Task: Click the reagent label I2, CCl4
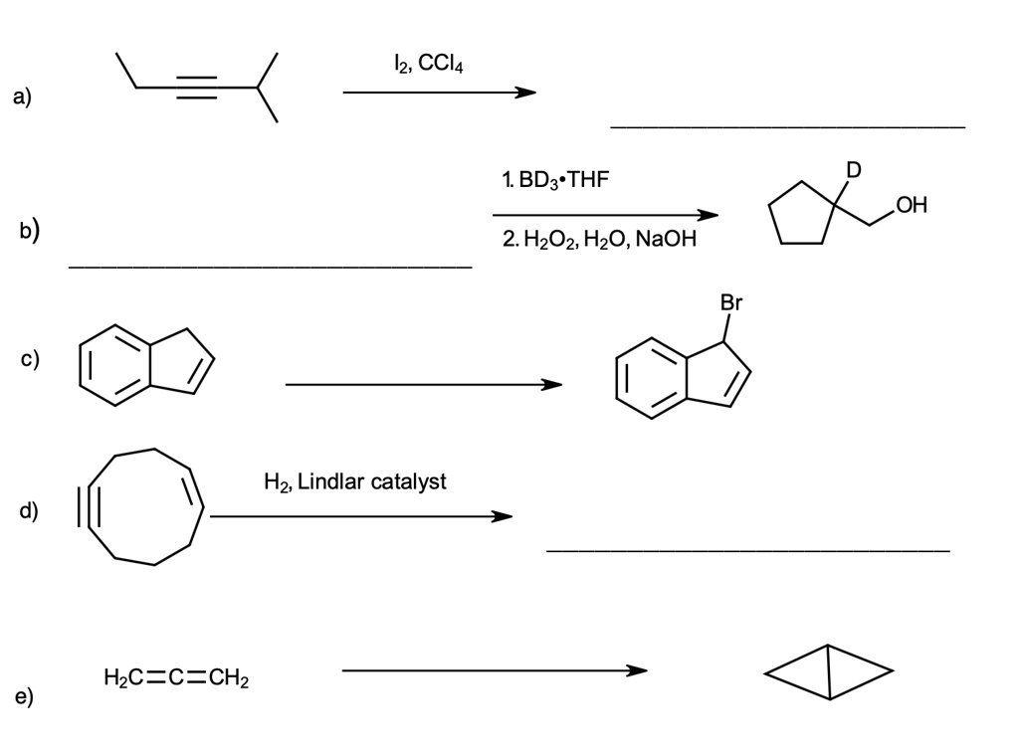[429, 65]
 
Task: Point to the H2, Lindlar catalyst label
[355, 482]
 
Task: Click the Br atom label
[731, 302]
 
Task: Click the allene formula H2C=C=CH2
[176, 679]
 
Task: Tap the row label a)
[22, 96]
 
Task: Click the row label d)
[28, 511]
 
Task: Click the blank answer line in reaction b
[270, 267]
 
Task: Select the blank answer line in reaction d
[747, 550]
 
